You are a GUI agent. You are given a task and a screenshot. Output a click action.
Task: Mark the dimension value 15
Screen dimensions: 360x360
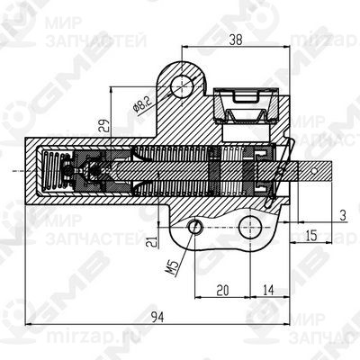click(x=311, y=235)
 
